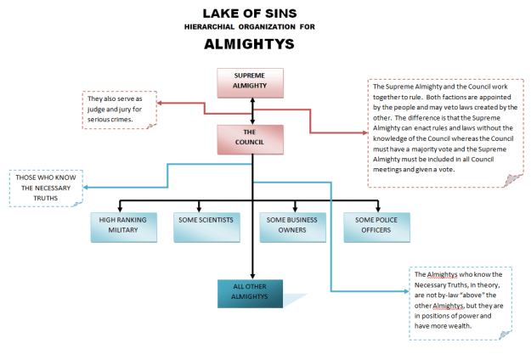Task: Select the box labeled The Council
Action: (249, 138)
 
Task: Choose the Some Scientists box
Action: (206, 225)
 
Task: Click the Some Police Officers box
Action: (376, 225)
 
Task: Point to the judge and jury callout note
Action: (121, 109)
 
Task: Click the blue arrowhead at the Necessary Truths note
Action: (88, 188)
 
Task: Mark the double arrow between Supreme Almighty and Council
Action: (252, 111)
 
